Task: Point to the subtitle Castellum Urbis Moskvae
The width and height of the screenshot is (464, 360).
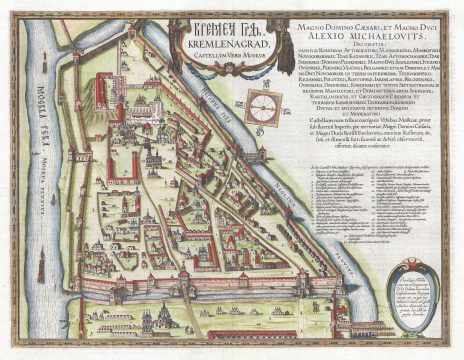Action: tap(200, 56)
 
